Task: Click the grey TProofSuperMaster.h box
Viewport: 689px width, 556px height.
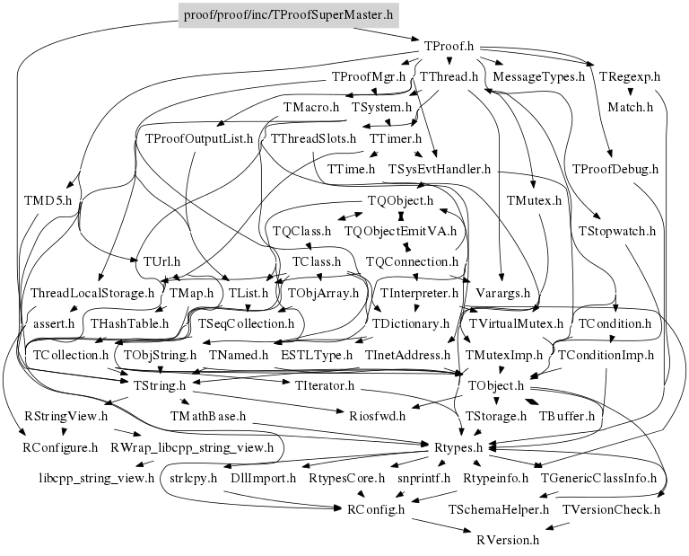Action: (288, 15)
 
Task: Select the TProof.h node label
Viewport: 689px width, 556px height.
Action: (448, 46)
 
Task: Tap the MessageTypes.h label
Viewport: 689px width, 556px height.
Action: (539, 76)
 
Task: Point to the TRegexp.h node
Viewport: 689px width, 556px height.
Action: (629, 76)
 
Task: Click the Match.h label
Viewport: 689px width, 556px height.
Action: (630, 107)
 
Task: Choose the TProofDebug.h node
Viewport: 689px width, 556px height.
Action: (615, 169)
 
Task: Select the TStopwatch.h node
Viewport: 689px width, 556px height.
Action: (616, 230)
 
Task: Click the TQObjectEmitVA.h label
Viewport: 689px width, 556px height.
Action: (400, 231)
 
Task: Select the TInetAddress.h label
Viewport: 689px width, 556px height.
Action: (407, 355)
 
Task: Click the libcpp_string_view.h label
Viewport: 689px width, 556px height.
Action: (97, 477)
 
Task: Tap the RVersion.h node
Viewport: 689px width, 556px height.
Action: (501, 540)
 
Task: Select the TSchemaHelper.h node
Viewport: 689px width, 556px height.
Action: (499, 509)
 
